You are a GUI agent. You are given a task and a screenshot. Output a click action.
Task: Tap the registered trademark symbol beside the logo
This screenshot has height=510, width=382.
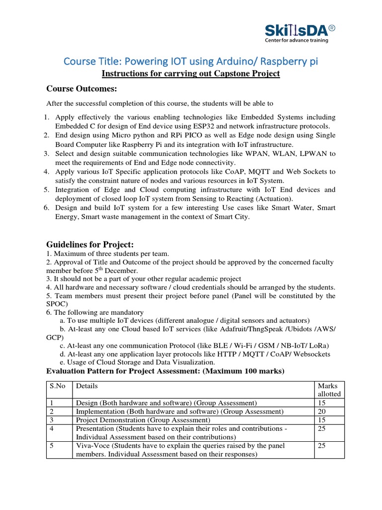[x=332, y=28]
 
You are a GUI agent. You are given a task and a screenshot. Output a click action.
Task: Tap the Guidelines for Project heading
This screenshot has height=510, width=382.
[x=90, y=245]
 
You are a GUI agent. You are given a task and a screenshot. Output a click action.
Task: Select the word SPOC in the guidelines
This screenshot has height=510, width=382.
[x=55, y=303]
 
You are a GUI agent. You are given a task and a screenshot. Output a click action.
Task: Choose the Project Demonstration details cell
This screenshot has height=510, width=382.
[x=136, y=420]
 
